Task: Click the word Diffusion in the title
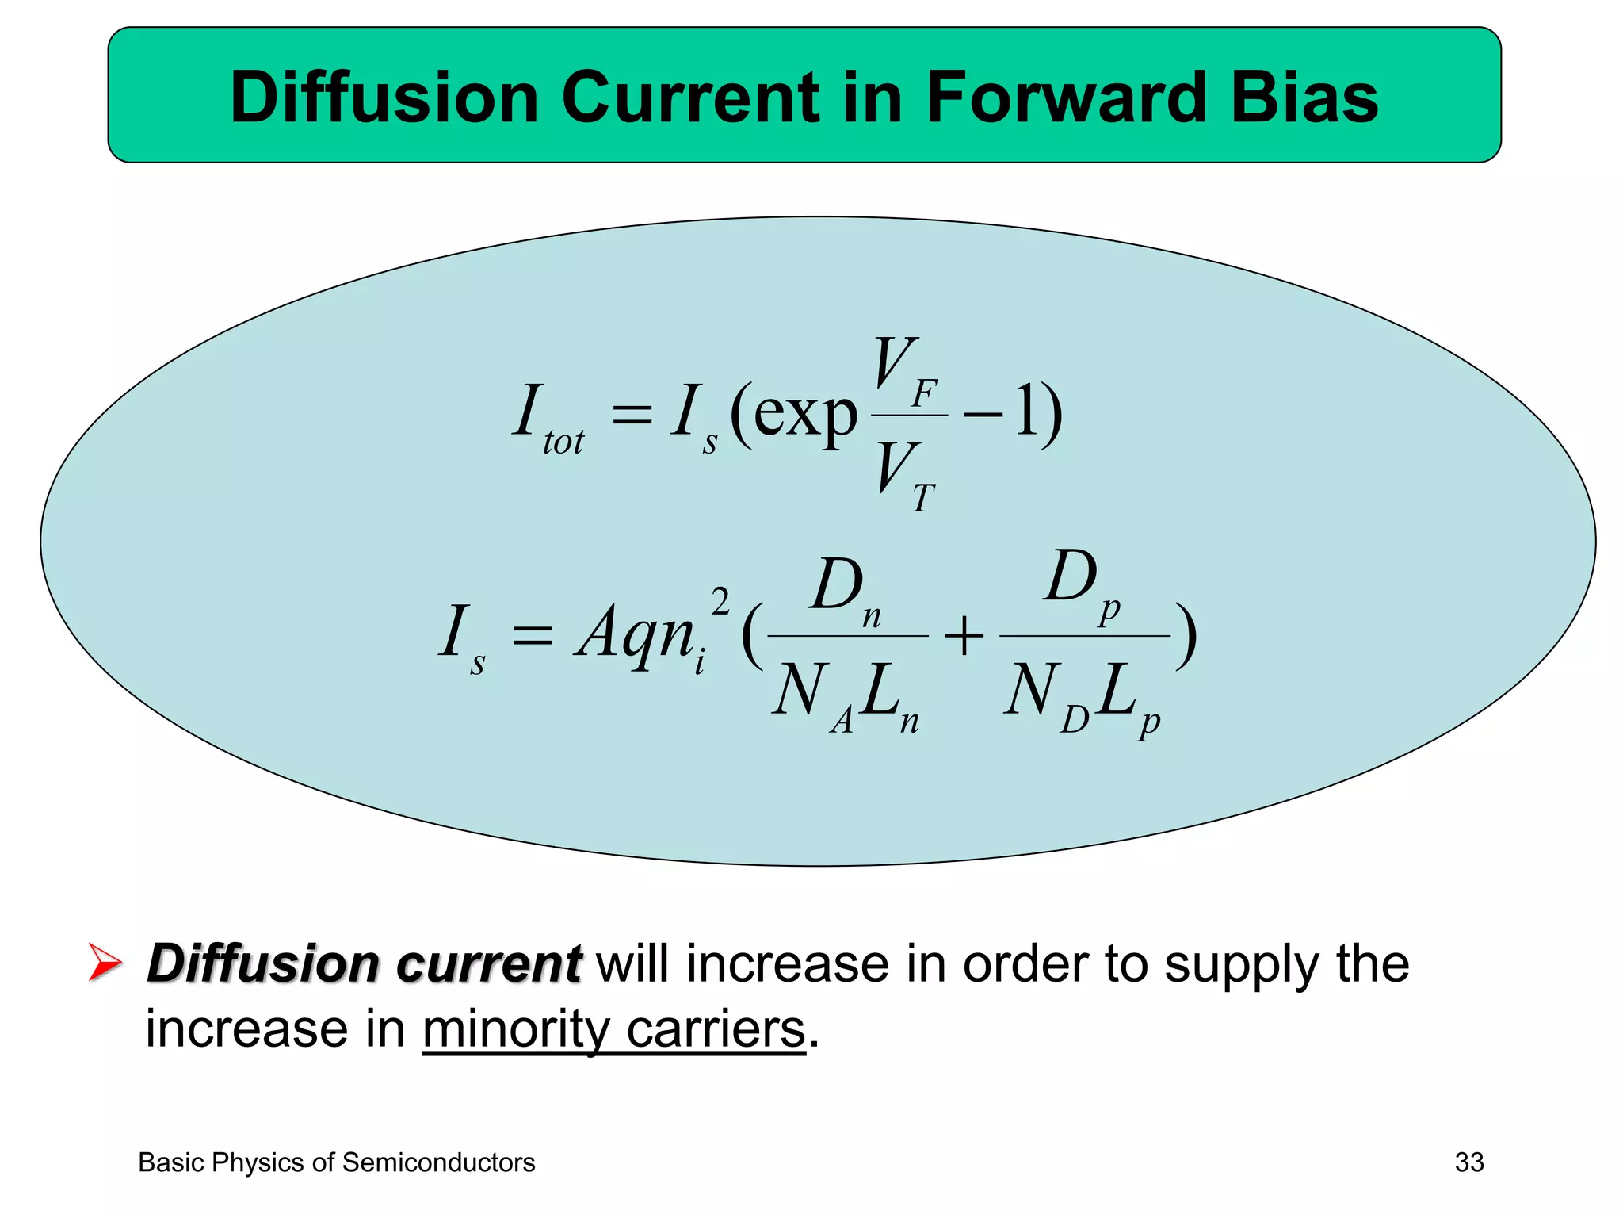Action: (x=384, y=98)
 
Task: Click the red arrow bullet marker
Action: (x=105, y=963)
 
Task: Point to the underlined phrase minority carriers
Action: (x=613, y=1029)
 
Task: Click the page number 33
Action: (x=1469, y=1162)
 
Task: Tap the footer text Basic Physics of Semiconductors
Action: (x=337, y=1162)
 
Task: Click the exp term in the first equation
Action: (x=804, y=414)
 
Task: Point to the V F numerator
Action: (x=905, y=370)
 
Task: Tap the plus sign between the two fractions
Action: (x=964, y=636)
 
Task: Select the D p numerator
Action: (x=1081, y=584)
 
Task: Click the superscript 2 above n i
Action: (x=720, y=603)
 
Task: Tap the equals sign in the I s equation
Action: (x=532, y=636)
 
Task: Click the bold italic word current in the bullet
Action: (x=489, y=964)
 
